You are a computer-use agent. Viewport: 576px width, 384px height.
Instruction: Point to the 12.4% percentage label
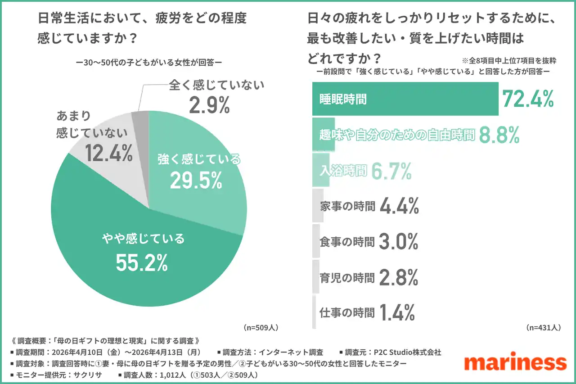pos(109,154)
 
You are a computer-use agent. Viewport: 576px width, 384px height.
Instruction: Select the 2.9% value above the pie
pos(210,105)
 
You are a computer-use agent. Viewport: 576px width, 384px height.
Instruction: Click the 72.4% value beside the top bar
pos(528,99)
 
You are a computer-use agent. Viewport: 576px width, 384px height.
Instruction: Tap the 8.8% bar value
pos(499,135)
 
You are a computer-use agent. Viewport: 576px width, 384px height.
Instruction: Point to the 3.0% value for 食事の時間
pos(399,242)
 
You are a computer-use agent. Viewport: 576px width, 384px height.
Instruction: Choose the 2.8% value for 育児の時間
pos(399,278)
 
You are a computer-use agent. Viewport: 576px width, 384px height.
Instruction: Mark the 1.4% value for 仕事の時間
pos(396,313)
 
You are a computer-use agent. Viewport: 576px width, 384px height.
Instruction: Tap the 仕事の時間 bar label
pos(346,313)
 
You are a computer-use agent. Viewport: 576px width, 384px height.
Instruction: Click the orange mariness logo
pos(515,362)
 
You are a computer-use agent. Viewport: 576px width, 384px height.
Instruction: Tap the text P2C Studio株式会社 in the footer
pos(405,352)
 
